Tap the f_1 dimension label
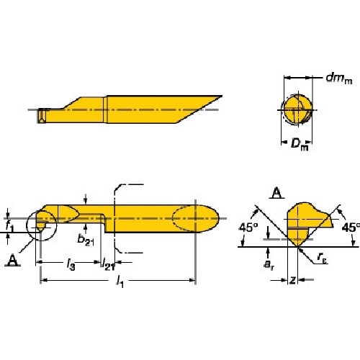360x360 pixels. click(9, 226)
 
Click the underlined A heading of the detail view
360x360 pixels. click(276, 192)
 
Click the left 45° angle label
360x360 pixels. click(248, 230)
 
